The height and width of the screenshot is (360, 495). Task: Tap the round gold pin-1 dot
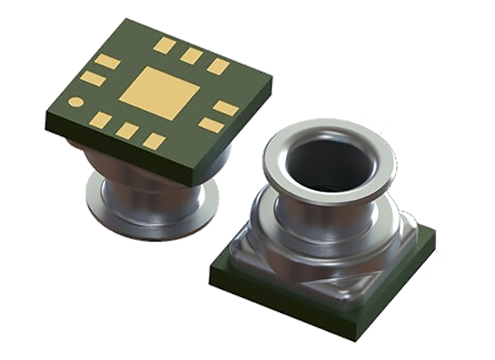coord(76,102)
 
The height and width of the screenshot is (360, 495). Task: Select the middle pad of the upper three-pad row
coord(191,55)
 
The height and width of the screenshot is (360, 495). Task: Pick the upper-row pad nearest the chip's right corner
coord(217,66)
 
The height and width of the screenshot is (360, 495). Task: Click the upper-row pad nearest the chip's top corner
coord(165,45)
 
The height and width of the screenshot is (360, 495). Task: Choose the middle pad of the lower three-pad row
coord(127,130)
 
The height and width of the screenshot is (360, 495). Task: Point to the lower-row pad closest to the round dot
coord(101,120)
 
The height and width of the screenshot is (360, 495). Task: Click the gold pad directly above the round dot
coord(92,78)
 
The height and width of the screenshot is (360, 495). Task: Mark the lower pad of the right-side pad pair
coord(210,125)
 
